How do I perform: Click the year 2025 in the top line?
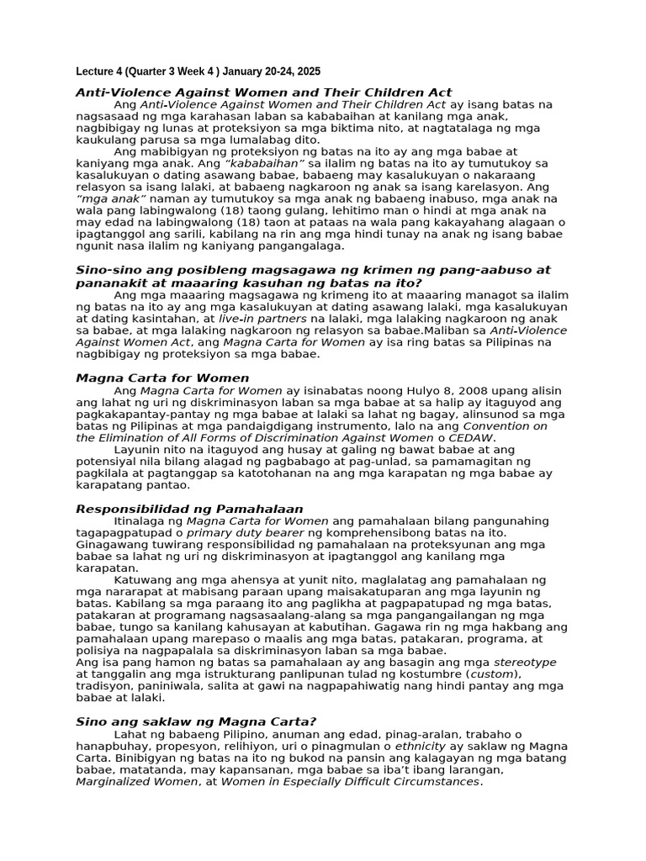pyautogui.click(x=307, y=71)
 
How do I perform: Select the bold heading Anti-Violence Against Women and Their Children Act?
pyautogui.click(x=263, y=92)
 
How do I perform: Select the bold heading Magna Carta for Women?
pyautogui.click(x=162, y=378)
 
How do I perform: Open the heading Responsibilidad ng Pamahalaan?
pyautogui.click(x=189, y=509)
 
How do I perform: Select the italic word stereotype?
pyautogui.click(x=525, y=662)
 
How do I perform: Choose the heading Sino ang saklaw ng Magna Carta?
pyautogui.click(x=196, y=721)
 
